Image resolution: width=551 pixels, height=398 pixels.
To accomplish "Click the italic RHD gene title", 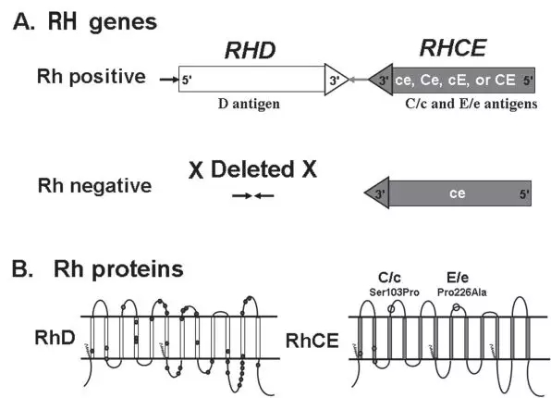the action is [250, 50].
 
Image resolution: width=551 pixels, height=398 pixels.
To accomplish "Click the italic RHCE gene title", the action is [453, 48].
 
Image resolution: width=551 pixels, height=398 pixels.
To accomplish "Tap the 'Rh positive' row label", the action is [92, 77].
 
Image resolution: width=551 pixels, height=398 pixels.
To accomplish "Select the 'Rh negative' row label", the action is [94, 185].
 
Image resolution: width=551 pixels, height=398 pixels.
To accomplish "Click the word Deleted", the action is [252, 169].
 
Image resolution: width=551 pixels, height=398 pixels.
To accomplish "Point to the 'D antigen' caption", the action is [249, 104].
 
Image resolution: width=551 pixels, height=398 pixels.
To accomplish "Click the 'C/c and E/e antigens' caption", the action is [471, 104].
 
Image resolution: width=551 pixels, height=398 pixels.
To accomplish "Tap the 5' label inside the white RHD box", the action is [187, 81].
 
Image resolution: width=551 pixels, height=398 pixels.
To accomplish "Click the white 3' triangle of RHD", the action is [336, 80].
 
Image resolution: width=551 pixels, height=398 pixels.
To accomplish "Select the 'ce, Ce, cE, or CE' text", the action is [456, 81].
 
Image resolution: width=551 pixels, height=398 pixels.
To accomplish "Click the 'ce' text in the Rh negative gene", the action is [458, 193].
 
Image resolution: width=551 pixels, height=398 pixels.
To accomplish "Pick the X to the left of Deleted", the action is [196, 170].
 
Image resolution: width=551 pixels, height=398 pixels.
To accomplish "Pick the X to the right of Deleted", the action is [309, 169].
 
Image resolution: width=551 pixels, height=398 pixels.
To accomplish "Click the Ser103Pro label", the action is [394, 292].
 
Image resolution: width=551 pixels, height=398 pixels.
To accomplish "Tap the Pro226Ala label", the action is [462, 292].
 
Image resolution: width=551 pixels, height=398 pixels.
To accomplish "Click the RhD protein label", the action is [55, 338].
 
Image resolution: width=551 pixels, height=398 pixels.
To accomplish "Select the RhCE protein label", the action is [312, 341].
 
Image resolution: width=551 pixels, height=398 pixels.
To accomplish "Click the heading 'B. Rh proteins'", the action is [98, 270].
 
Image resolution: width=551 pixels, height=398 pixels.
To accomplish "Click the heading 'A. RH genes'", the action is [85, 22].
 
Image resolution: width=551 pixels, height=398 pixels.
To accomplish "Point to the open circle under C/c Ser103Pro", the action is [391, 309].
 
